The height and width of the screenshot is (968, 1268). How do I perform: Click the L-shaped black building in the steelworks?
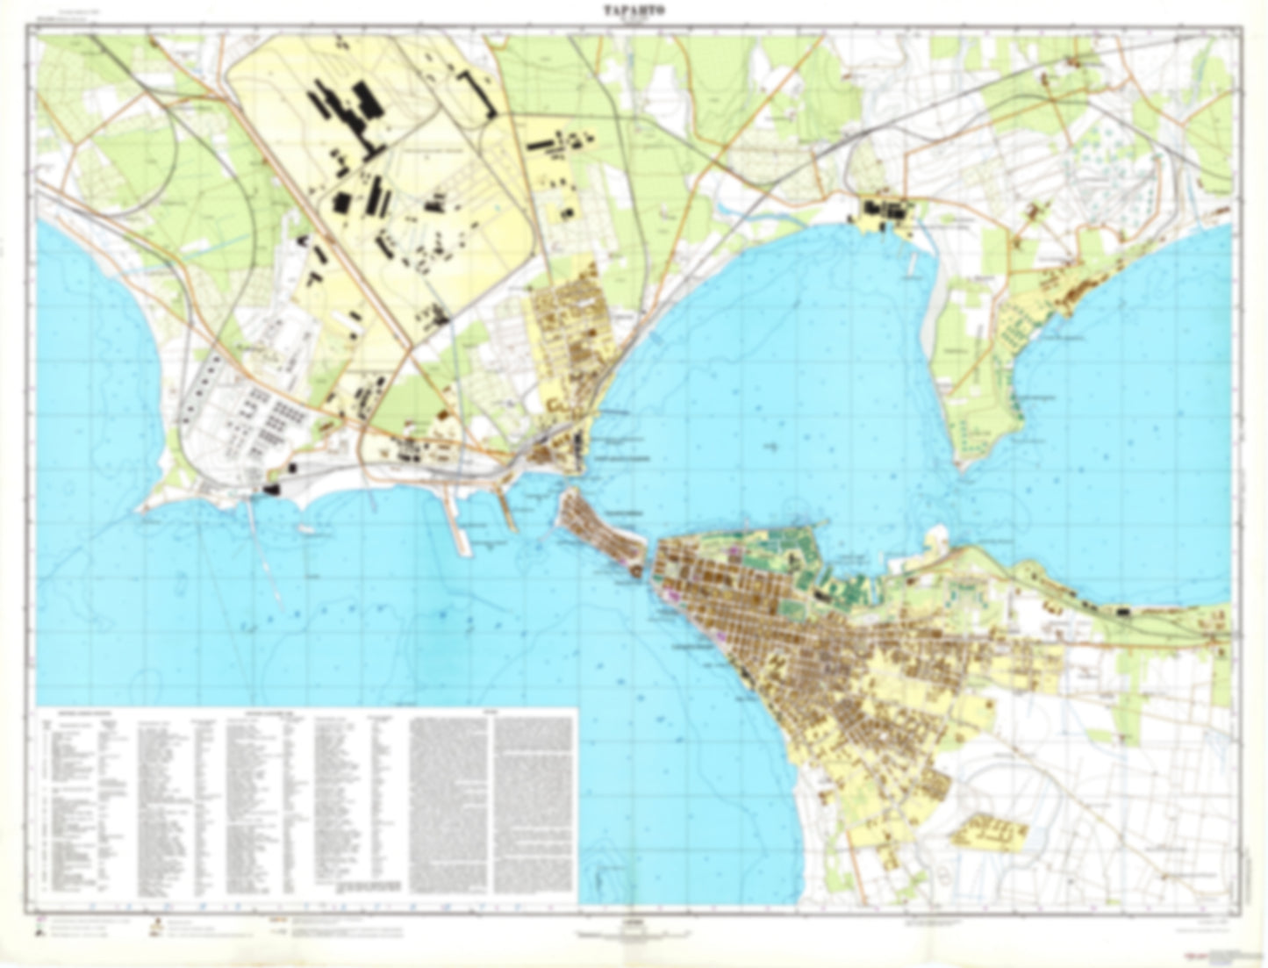click(481, 93)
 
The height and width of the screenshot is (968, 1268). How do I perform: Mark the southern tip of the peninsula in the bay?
click(965, 465)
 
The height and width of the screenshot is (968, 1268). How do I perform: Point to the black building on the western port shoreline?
click(271, 488)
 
